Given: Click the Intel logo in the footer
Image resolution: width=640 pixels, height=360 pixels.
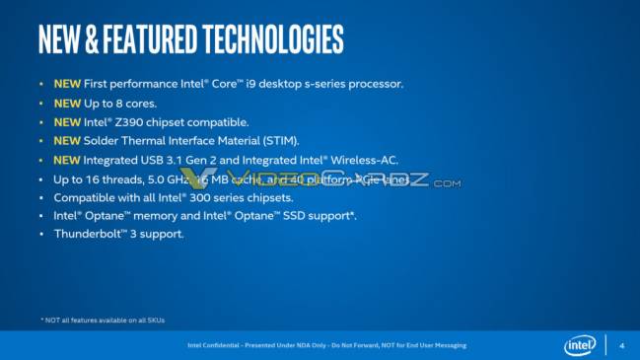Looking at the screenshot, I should pos(580,345).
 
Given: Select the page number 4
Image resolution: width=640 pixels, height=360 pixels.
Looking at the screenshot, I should pos(621,345).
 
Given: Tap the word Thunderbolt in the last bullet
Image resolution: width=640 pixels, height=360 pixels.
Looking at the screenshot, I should pos(86,234).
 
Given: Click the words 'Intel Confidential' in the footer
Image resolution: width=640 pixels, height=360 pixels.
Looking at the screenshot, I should pos(211,345).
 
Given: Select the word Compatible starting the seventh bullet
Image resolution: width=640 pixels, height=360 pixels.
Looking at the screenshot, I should pos(81,197).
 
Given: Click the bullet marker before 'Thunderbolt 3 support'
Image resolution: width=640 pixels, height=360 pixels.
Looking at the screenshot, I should pos(40,234).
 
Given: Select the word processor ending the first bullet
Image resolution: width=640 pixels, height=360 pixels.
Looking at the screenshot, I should pos(373,84).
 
